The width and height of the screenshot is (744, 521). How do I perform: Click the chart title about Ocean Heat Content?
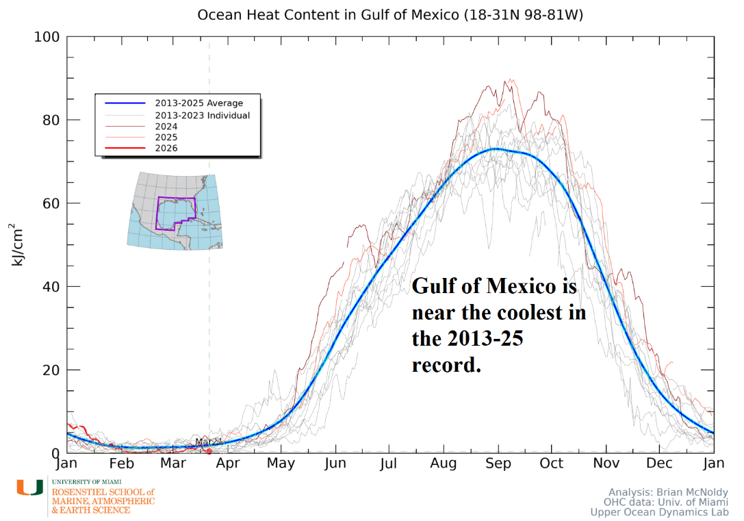pyautogui.click(x=390, y=15)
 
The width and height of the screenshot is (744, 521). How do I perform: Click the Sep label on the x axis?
pyautogui.click(x=498, y=463)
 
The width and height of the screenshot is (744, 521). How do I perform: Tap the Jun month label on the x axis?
pyautogui.click(x=335, y=463)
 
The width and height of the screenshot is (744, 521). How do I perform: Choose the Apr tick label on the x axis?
pyautogui.click(x=228, y=463)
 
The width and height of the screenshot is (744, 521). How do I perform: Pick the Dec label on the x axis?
pyautogui.click(x=659, y=463)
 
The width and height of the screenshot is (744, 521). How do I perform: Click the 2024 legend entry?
pyautogui.click(x=166, y=127)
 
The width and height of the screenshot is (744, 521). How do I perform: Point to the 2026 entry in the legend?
pyautogui.click(x=166, y=148)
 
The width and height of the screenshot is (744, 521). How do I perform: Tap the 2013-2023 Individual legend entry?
pyautogui.click(x=202, y=116)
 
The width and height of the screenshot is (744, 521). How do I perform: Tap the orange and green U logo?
pyautogui.click(x=29, y=487)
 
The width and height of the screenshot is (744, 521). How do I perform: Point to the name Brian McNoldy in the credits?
pyautogui.click(x=684, y=492)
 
